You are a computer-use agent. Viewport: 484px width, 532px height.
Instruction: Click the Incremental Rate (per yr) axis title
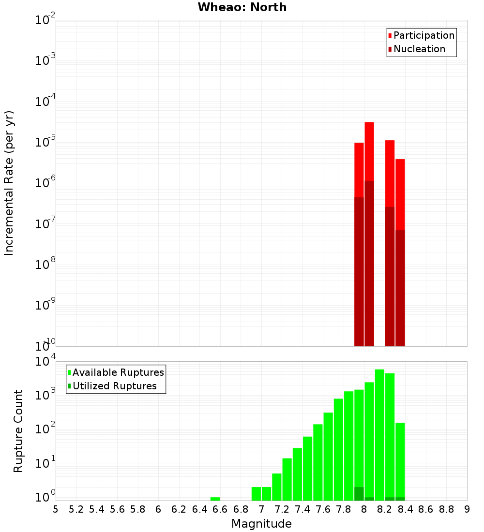click(9, 183)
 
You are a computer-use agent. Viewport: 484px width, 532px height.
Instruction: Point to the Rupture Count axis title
click(18, 431)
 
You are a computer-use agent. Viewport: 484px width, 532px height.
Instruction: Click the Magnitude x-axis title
click(261, 524)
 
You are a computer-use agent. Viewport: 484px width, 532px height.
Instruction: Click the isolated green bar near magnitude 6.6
click(215, 499)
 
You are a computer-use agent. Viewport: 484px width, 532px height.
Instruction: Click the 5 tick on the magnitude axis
click(56, 509)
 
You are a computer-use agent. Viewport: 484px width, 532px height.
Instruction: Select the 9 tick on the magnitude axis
click(467, 509)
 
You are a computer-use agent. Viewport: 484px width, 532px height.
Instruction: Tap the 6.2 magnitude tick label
click(179, 509)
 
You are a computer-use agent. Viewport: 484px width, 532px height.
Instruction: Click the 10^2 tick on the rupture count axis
click(45, 429)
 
